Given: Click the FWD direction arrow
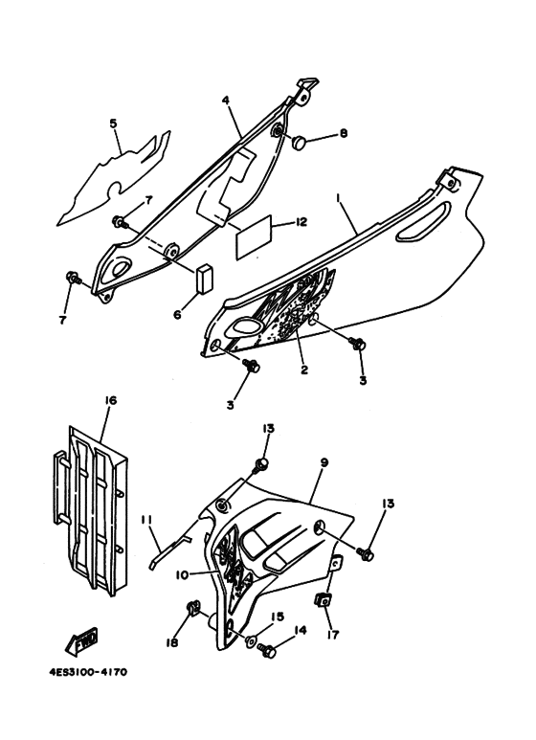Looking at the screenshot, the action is (x=82, y=641).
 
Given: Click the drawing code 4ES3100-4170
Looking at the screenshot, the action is (x=88, y=672).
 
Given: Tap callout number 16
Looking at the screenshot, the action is (x=110, y=401).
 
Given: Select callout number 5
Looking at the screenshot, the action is (x=113, y=123).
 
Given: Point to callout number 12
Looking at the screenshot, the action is (x=301, y=221).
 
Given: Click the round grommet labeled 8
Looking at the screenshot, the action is (x=299, y=142).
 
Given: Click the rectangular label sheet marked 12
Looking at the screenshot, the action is (x=254, y=236).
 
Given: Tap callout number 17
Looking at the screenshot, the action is (x=333, y=636).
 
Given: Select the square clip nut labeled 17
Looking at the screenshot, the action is (x=323, y=602).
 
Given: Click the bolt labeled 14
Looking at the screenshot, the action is (x=267, y=652).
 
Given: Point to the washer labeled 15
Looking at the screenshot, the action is (x=250, y=639).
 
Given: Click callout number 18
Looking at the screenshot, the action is (x=172, y=642).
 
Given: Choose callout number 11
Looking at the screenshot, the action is (x=145, y=520).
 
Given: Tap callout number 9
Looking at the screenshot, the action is (x=324, y=463).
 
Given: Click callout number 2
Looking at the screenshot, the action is (x=303, y=370).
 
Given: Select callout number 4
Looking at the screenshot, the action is (x=226, y=101).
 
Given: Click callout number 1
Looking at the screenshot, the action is (x=338, y=200).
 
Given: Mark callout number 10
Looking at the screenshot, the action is (x=182, y=574).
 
